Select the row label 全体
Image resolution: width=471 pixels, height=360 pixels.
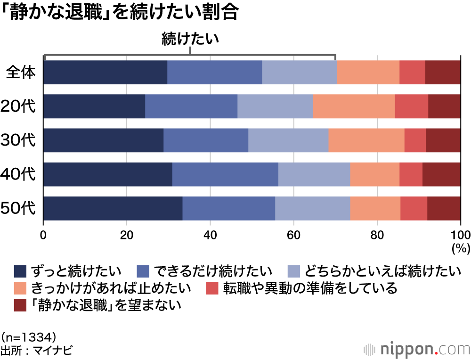[x=21, y=73]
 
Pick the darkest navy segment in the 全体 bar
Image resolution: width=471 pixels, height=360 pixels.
[x=105, y=73]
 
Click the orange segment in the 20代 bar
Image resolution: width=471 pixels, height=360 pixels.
[x=354, y=106]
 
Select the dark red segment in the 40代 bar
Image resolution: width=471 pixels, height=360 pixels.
[x=441, y=174]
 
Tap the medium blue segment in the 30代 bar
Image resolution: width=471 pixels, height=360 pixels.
[x=206, y=140]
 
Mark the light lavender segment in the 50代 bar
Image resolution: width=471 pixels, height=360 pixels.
[x=312, y=208]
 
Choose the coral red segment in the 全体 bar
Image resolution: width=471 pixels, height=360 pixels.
[x=412, y=73]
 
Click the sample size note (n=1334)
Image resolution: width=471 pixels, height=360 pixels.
[x=29, y=336]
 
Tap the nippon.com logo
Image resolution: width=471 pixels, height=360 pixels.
[x=416, y=349]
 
